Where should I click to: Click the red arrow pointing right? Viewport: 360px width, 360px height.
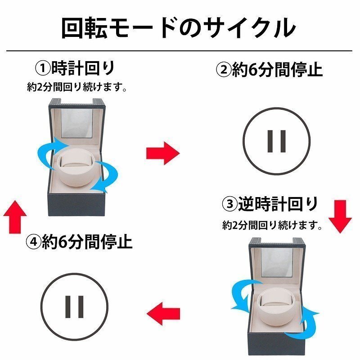pos(162,153)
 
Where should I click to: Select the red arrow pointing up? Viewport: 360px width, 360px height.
pos(15,216)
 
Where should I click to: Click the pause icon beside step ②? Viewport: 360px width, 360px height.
pos(277,140)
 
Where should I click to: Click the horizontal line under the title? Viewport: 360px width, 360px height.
pos(180,51)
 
